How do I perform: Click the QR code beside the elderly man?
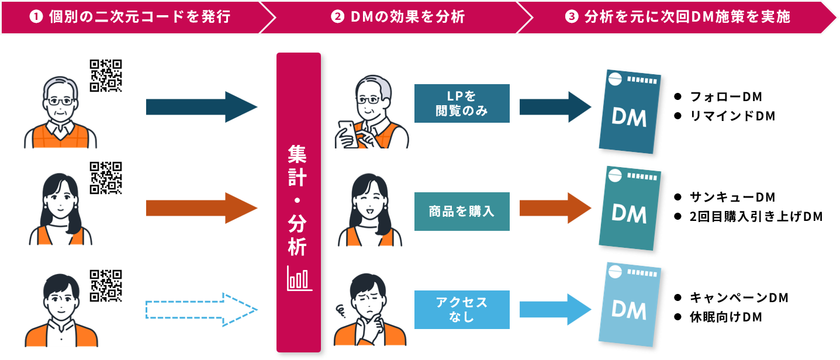(106, 75)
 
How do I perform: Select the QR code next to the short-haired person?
(106, 286)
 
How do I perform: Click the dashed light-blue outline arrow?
(202, 309)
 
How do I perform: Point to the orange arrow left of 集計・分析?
(202, 208)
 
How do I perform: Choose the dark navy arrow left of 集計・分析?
(202, 107)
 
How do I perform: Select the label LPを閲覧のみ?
(462, 103)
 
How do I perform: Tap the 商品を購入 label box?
(462, 211)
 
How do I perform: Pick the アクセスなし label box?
(462, 310)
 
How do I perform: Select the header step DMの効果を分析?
(397, 17)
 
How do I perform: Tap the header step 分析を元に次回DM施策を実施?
(678, 17)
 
